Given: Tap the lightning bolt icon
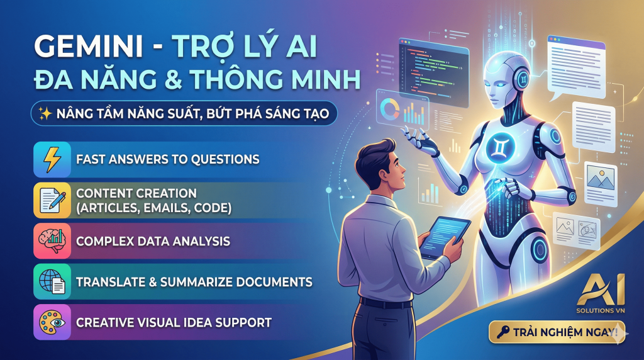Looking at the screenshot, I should click(x=50, y=159).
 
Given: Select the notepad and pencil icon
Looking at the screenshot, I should click(x=50, y=200).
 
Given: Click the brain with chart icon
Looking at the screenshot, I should click(x=50, y=241).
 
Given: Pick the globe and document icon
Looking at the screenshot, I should click(x=50, y=282).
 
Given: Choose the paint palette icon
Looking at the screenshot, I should click(x=50, y=322).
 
